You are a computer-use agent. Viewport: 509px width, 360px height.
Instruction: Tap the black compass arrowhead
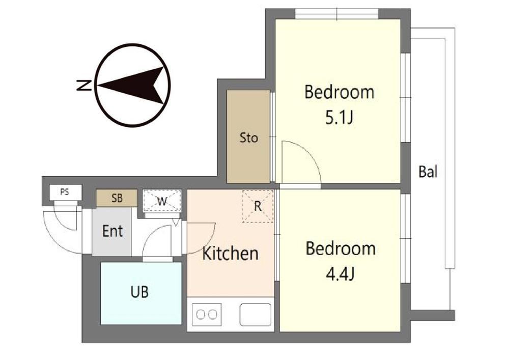click(x=133, y=86)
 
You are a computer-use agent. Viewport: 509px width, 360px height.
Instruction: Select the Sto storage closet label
click(x=249, y=137)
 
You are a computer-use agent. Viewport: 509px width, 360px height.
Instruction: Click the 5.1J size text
click(x=339, y=117)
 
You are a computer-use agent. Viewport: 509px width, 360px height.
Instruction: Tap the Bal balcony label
click(x=428, y=172)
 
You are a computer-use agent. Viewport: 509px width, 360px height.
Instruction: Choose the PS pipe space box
click(x=65, y=192)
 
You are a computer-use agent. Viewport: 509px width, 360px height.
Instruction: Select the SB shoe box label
click(x=117, y=198)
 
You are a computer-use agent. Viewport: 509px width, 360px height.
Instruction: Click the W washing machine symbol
click(x=162, y=201)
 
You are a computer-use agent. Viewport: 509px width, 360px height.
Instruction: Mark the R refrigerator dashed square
click(x=258, y=206)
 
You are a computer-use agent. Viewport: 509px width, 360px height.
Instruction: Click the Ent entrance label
click(x=112, y=231)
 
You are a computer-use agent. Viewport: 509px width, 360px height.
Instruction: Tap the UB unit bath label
click(x=139, y=292)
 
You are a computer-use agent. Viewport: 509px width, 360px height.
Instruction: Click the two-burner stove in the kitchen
click(x=207, y=314)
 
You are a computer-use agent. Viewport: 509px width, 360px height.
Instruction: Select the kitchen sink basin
click(x=255, y=314)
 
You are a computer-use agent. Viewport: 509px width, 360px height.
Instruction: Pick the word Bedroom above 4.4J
click(x=341, y=248)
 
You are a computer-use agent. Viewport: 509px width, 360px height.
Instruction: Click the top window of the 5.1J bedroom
click(x=337, y=14)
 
